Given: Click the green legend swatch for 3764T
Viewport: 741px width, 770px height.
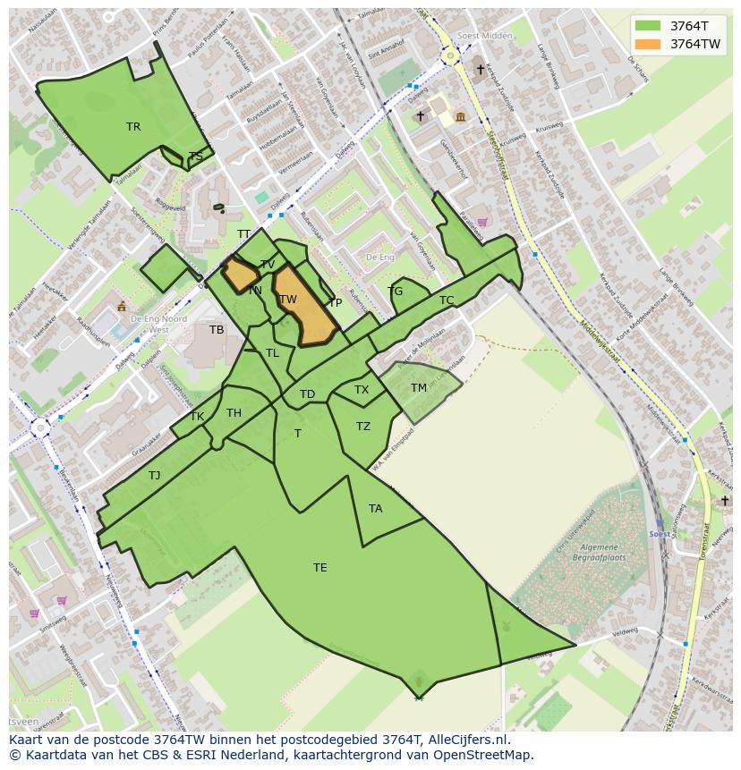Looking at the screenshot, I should click(x=648, y=26).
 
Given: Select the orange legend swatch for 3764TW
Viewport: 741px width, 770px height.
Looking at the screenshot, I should click(x=648, y=44).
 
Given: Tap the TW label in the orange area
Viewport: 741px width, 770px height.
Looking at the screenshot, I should click(x=287, y=300).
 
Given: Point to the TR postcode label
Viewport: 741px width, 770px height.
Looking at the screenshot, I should click(x=133, y=127).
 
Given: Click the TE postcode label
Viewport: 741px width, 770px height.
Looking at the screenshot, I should click(x=319, y=567).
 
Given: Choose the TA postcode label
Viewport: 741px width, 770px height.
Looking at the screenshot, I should click(x=375, y=509).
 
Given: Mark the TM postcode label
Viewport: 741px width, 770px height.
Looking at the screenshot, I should click(x=418, y=388).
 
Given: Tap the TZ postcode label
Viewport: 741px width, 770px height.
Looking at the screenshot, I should click(x=362, y=427).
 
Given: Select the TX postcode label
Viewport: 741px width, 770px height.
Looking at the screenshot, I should click(x=361, y=390).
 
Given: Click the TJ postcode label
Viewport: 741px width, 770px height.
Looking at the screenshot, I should click(x=155, y=476).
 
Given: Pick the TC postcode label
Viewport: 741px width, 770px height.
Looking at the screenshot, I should click(x=446, y=300).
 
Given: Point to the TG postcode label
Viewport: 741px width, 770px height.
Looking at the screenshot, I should click(x=396, y=292).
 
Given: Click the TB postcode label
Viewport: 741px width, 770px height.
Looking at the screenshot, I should click(x=217, y=330).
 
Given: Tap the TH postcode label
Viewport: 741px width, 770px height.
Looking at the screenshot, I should click(x=234, y=413).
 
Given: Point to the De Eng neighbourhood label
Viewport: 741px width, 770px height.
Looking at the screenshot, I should click(x=379, y=258).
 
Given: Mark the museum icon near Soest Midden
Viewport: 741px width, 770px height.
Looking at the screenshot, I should click(x=460, y=116).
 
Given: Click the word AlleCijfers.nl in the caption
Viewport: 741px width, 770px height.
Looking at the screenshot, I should click(x=464, y=740).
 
